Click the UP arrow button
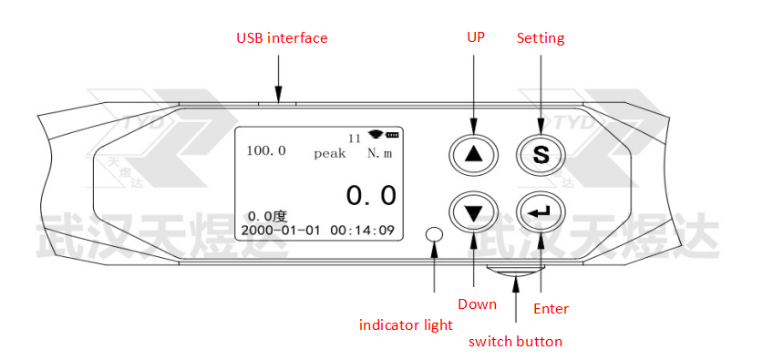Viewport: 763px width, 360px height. click(x=474, y=154)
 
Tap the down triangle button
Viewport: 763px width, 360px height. click(x=474, y=212)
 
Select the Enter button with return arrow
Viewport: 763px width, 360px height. click(x=541, y=212)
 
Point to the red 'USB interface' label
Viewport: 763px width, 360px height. click(x=282, y=38)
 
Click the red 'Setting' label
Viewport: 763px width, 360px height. click(x=541, y=38)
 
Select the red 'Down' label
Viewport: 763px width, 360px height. click(x=477, y=304)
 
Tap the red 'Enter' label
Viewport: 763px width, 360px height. click(x=551, y=308)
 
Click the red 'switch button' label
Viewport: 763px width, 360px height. click(x=515, y=341)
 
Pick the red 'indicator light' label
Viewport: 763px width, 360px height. click(x=406, y=324)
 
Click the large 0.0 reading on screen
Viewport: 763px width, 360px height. click(x=371, y=196)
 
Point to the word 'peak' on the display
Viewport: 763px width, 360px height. click(x=330, y=154)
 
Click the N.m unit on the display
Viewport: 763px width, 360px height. click(x=379, y=153)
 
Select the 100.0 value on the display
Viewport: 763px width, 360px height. click(x=266, y=150)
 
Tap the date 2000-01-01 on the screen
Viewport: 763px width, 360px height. click(x=280, y=230)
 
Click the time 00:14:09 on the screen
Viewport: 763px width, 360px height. click(x=363, y=230)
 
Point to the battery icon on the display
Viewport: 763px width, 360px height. click(x=392, y=134)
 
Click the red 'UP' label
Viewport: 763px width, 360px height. click(x=476, y=37)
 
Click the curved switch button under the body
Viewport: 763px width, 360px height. click(x=515, y=271)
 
